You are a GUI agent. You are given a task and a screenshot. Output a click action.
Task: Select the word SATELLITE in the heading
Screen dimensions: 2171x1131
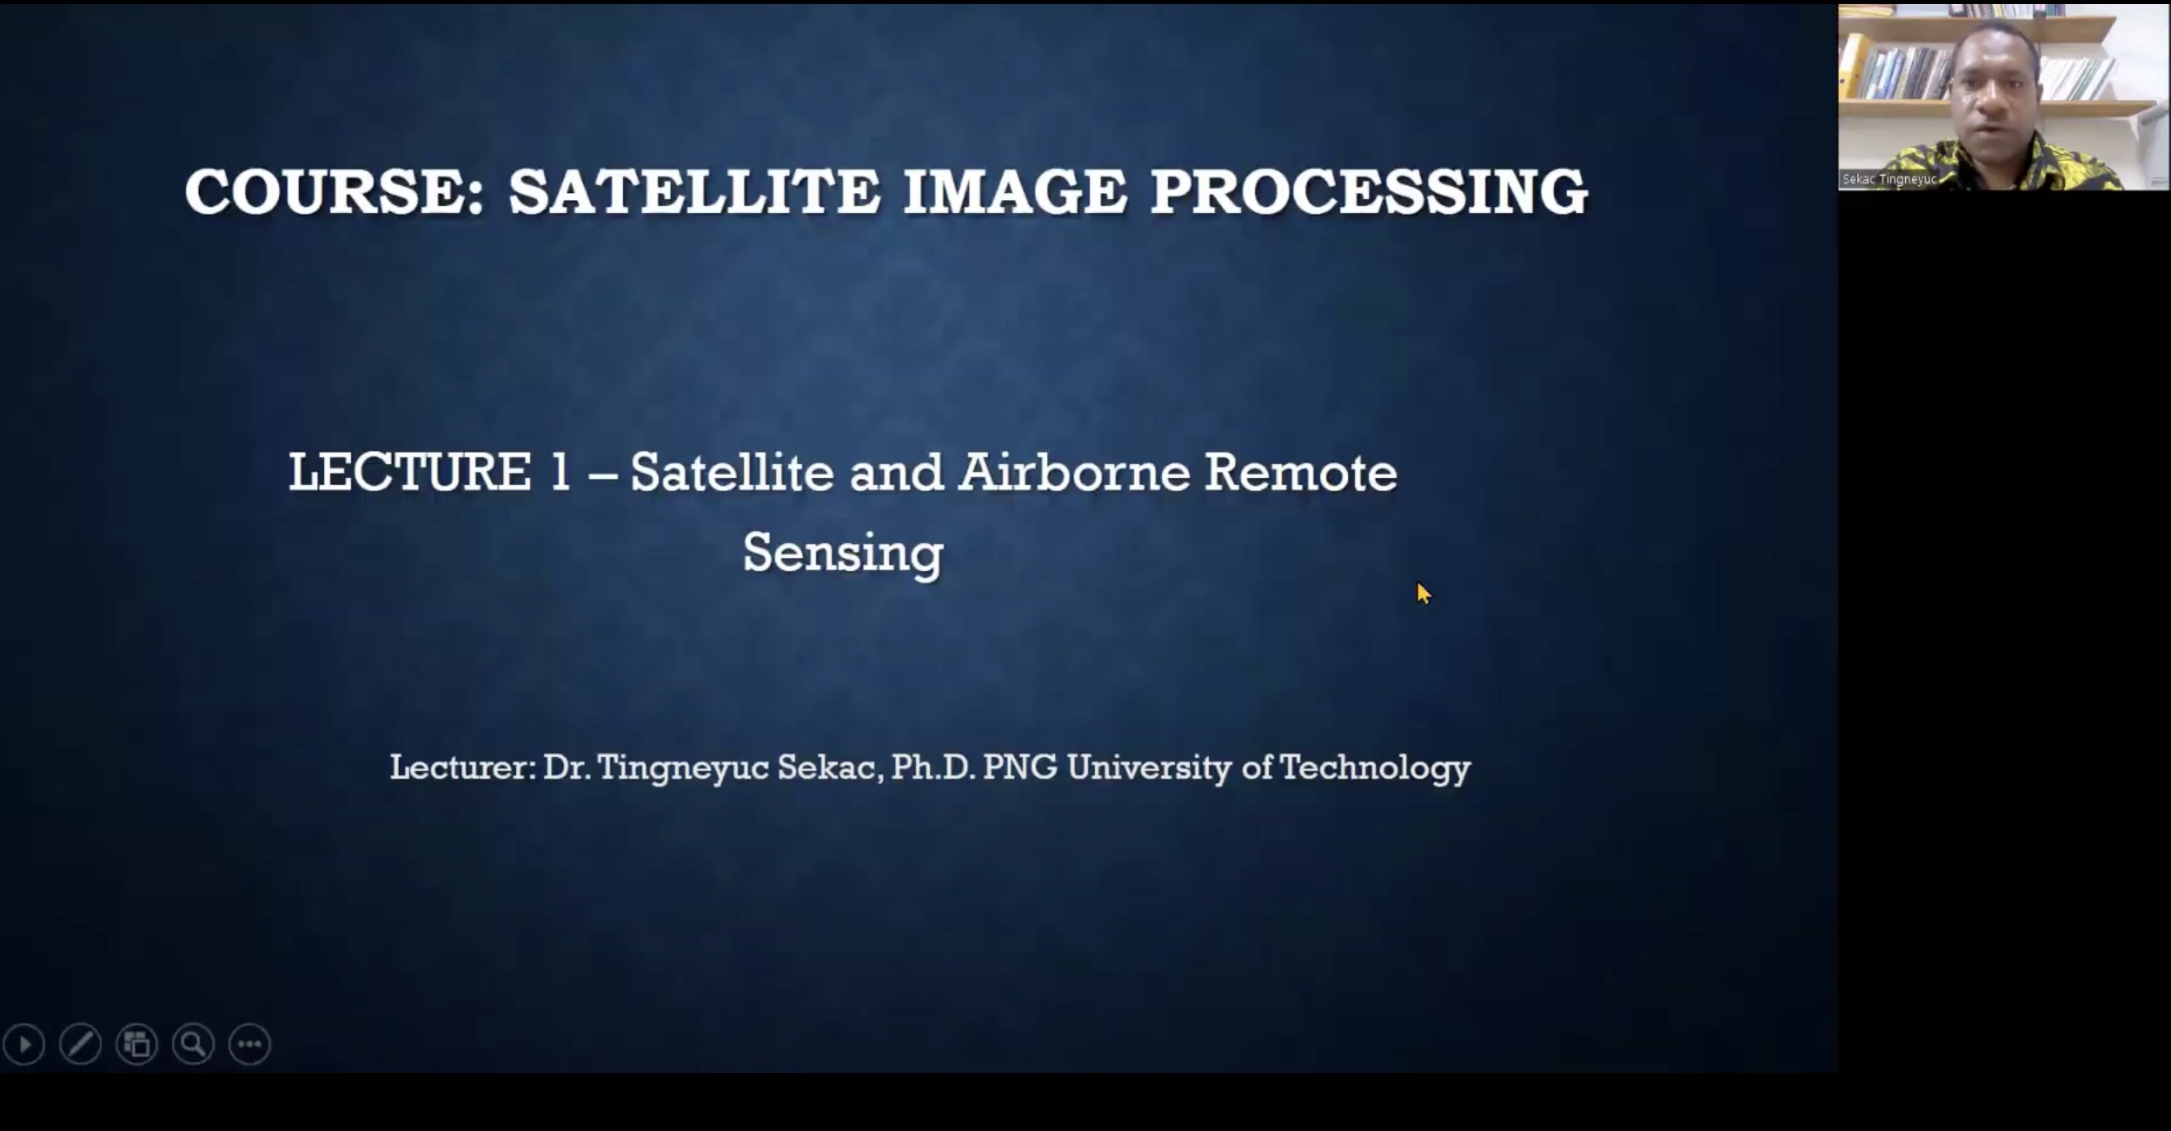click(695, 191)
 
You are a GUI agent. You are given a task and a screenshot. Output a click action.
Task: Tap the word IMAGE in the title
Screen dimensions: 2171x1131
click(1015, 191)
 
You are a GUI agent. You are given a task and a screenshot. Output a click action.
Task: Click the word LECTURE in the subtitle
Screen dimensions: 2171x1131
click(410, 471)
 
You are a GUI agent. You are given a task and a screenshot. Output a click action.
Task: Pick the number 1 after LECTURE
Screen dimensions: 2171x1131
click(560, 471)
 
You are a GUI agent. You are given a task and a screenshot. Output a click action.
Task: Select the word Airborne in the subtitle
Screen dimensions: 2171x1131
click(1075, 471)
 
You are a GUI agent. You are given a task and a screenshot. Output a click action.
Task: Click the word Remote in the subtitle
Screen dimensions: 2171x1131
click(1301, 471)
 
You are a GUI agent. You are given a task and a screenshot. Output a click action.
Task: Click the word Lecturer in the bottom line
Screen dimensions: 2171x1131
click(463, 767)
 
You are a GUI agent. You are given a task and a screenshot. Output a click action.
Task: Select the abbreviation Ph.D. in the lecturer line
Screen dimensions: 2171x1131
click(933, 767)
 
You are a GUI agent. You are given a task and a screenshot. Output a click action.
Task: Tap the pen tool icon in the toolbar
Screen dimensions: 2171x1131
click(80, 1045)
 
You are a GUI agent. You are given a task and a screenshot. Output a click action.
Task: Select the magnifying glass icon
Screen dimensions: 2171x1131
click(193, 1045)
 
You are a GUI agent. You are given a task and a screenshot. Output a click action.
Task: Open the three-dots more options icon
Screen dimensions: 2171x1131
click(249, 1045)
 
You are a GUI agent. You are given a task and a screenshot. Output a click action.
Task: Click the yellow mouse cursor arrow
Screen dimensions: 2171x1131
click(1423, 593)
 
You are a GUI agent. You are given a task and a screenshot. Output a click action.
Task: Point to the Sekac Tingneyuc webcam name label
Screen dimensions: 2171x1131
click(1890, 179)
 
